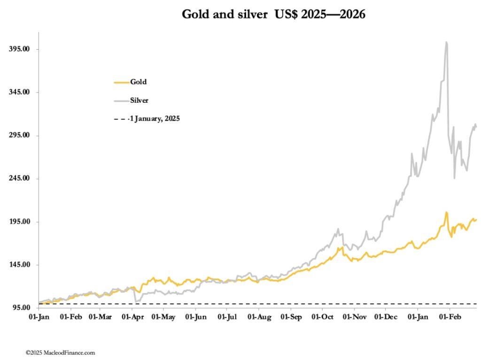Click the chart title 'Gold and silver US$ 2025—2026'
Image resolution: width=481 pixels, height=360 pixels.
273,15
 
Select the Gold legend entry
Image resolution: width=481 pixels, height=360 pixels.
138,82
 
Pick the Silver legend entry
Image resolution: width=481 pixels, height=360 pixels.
139,100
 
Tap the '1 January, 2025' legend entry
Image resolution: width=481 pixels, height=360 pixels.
154,119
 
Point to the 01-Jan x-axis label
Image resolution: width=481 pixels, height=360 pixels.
39,318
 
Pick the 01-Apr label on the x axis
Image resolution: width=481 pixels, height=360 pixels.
132,318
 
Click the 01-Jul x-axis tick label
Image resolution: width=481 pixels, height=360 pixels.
226,318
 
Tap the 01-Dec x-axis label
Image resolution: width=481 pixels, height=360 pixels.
385,318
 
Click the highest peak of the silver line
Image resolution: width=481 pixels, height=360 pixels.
446,42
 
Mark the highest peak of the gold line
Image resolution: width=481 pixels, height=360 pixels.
446,212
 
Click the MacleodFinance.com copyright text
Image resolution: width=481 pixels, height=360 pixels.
61,352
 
